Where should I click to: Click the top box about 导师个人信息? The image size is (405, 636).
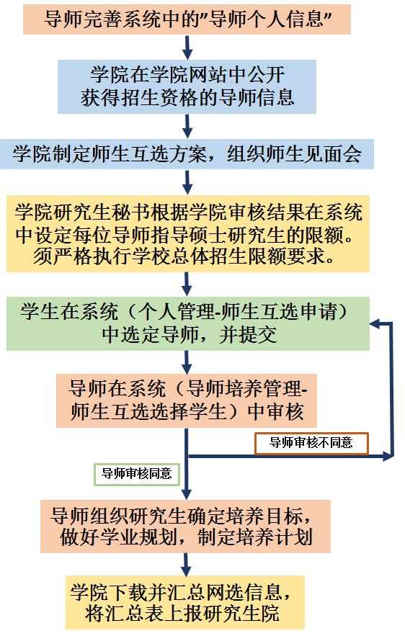pos(187,19)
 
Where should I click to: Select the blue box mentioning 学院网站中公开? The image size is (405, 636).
pos(187,86)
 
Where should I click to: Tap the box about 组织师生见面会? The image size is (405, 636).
pos(187,154)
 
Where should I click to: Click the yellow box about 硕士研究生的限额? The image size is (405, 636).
pos(188,233)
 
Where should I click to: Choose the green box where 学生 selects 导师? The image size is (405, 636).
pos(188,323)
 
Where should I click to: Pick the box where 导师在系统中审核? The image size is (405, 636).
pos(186,400)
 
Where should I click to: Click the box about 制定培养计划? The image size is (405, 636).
pos(185,526)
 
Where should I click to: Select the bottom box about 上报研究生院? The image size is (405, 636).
pos(185,602)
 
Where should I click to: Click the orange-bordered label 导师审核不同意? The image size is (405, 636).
pos(311,443)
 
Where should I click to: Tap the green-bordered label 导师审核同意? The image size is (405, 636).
pos(137,474)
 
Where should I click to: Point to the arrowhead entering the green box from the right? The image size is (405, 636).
pos(374,323)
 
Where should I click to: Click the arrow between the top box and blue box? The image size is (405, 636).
pos(187,47)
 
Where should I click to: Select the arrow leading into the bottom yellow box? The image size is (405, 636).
pos(186,564)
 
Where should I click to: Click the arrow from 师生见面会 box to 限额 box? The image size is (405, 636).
pos(187,182)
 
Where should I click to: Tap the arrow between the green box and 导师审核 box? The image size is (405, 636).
pos(187,362)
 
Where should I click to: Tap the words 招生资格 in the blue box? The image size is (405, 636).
pos(159,98)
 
